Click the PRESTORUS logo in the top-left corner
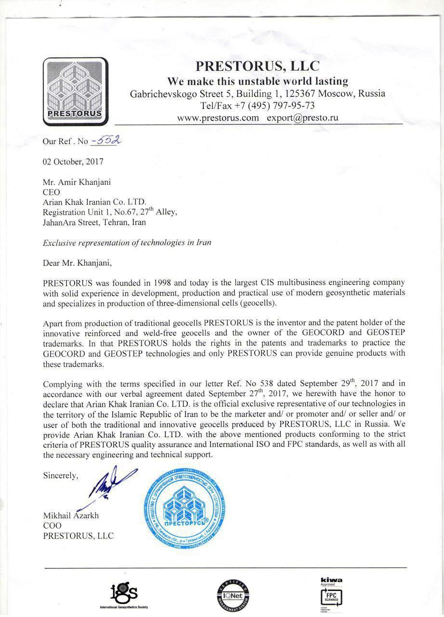point(75,92)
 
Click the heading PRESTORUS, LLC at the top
point(257,66)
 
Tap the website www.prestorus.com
point(218,118)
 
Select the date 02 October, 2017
point(73,162)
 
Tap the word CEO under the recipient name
point(51,192)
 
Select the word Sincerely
point(60,475)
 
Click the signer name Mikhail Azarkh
point(71,515)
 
